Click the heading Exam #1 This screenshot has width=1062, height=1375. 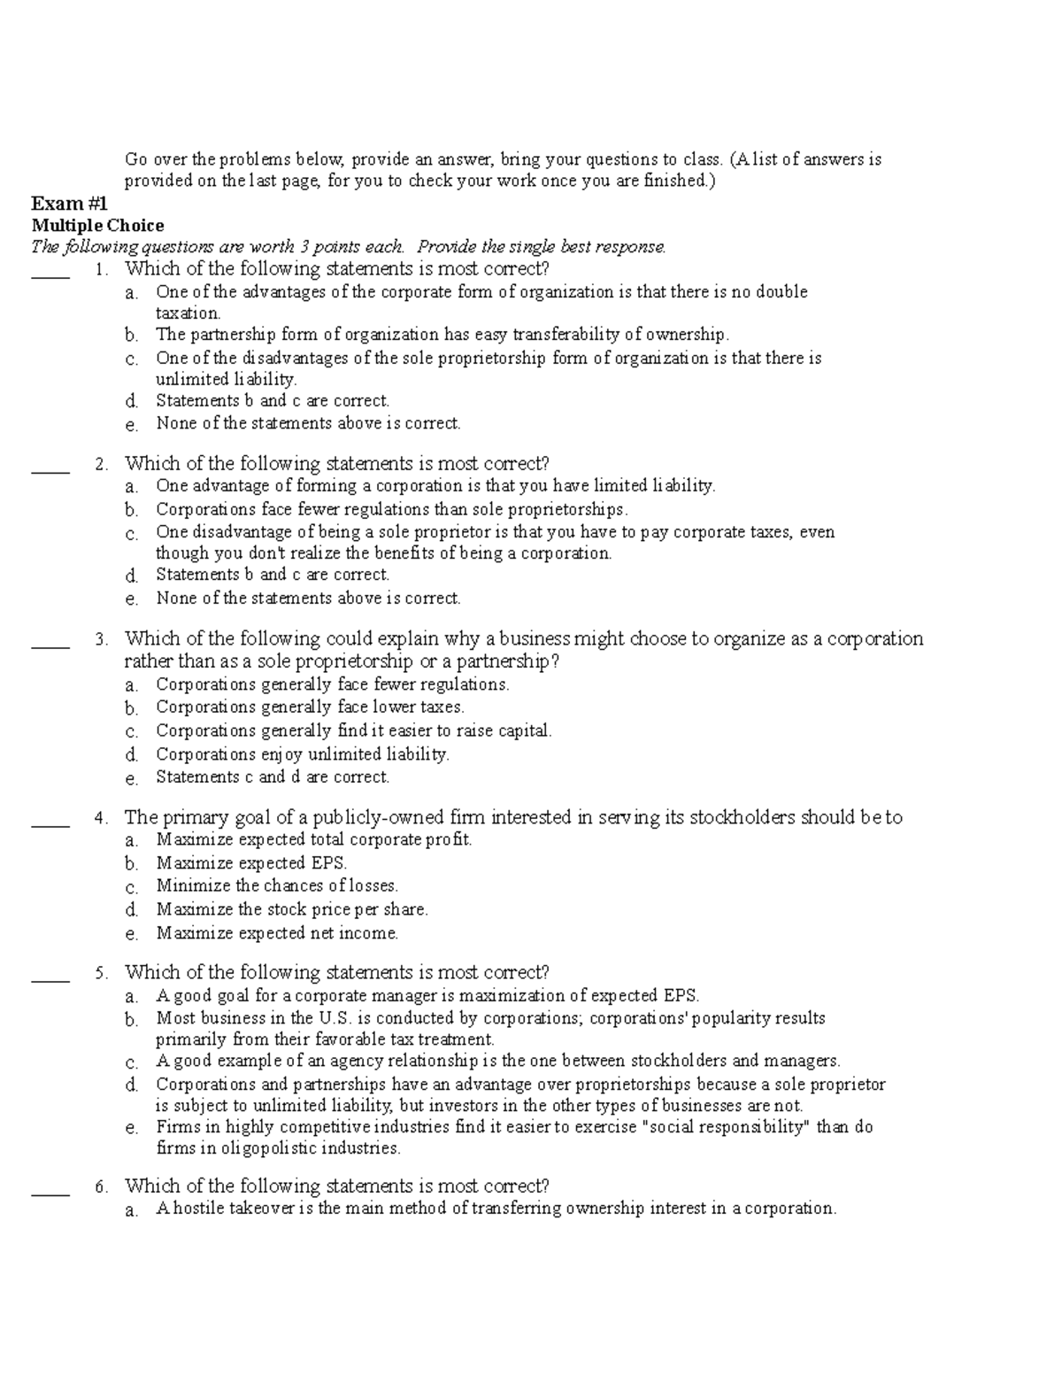[x=69, y=204]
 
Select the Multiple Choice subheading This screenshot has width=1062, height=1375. [x=97, y=226]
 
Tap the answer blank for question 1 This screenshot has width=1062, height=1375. [x=50, y=274]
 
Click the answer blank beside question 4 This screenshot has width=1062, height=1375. [x=50, y=823]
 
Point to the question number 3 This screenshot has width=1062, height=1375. [x=102, y=639]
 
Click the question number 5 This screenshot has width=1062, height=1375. [x=102, y=973]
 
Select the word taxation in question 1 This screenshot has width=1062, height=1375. [x=187, y=313]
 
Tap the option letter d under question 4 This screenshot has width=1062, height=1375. [x=131, y=910]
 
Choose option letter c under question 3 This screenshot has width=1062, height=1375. [x=131, y=732]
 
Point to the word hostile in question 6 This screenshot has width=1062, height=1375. [x=198, y=1209]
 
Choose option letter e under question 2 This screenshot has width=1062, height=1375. [x=131, y=599]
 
